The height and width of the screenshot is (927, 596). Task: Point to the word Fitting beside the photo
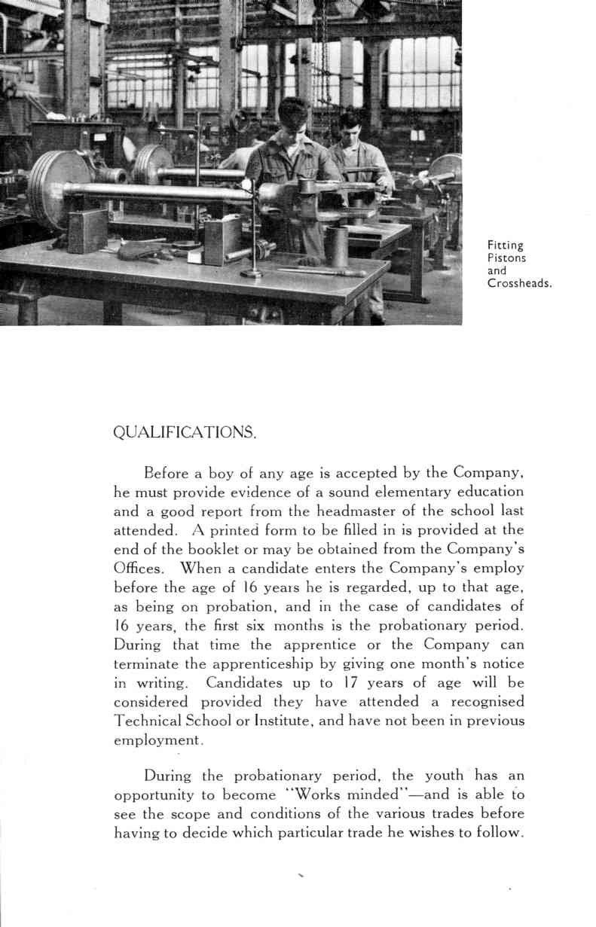(x=505, y=245)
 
